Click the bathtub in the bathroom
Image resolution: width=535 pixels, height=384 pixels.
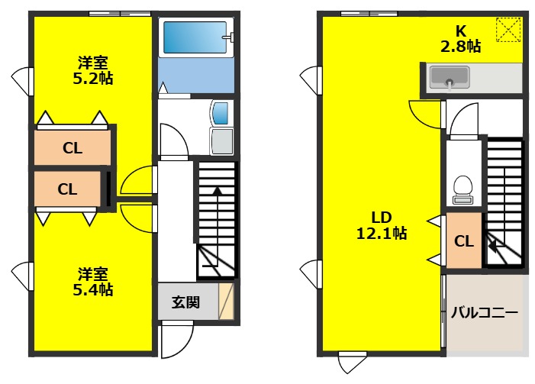[x=195, y=37]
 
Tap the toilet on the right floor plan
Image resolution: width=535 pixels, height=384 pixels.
[x=462, y=189]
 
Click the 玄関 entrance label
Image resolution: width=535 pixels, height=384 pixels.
[x=185, y=302]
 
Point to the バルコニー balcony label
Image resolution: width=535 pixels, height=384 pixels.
[x=485, y=312]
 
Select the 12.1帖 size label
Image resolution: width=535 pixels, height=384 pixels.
[x=382, y=234]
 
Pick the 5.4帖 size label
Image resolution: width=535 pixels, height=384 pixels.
[x=95, y=289]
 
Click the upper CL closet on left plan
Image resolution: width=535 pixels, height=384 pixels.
[x=73, y=148]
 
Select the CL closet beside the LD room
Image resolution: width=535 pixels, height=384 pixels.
[x=463, y=242]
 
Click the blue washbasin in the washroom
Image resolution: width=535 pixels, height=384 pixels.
[x=220, y=113]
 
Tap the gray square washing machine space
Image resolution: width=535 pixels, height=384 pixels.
[x=221, y=140]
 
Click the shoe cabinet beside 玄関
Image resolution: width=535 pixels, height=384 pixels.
[x=227, y=302]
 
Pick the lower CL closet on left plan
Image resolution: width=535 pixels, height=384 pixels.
[x=67, y=189]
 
